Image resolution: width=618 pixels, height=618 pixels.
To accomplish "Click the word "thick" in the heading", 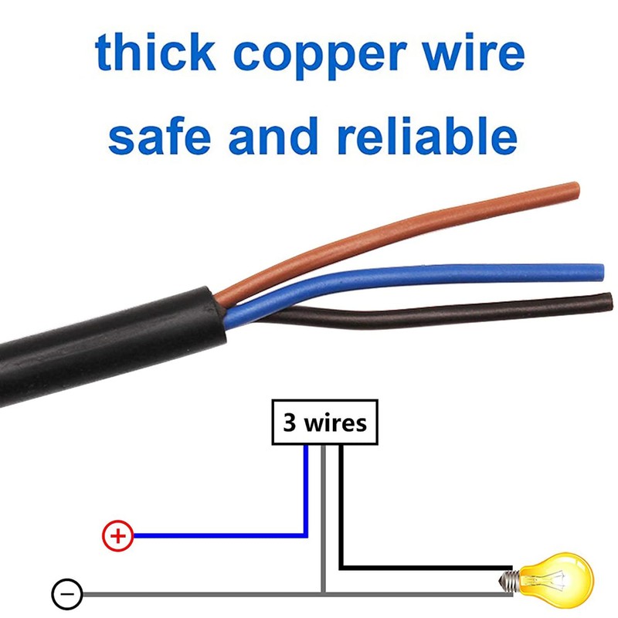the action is click(x=155, y=52).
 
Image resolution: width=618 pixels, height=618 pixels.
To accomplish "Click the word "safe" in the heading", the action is click(x=159, y=136).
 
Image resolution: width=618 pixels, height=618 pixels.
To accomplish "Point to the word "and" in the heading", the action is click(x=273, y=136).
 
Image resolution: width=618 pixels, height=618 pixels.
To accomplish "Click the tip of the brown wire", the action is click(x=576, y=190).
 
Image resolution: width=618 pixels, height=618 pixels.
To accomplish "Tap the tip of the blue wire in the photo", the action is click(x=601, y=273).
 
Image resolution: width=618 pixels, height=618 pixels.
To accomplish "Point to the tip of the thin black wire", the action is click(x=610, y=301).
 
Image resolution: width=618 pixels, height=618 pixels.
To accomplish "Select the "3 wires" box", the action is click(x=324, y=422).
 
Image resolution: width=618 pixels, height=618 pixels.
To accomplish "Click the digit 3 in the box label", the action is click(x=289, y=423).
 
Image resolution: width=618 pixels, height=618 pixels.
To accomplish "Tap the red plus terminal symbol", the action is click(x=118, y=535).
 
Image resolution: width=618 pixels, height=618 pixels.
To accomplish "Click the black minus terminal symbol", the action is click(x=67, y=594).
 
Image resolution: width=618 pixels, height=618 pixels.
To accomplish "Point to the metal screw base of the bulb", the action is click(x=508, y=580).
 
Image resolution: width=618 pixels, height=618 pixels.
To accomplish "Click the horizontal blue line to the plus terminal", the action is click(x=220, y=535).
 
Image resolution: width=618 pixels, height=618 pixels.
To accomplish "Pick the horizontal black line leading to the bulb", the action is click(x=426, y=568).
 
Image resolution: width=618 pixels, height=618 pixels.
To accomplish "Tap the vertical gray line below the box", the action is click(x=323, y=518).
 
